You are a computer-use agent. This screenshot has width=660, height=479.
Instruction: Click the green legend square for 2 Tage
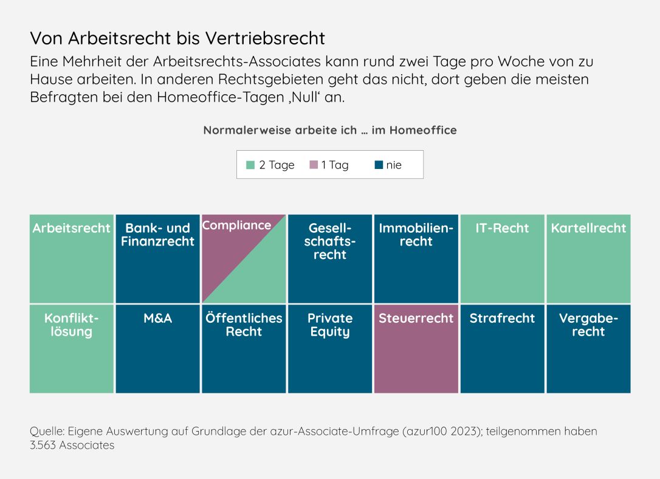[250, 165]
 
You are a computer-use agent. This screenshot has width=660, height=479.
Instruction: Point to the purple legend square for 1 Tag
[314, 165]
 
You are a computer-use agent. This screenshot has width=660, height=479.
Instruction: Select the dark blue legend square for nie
[379, 165]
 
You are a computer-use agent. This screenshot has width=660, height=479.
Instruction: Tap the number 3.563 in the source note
[42, 445]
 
